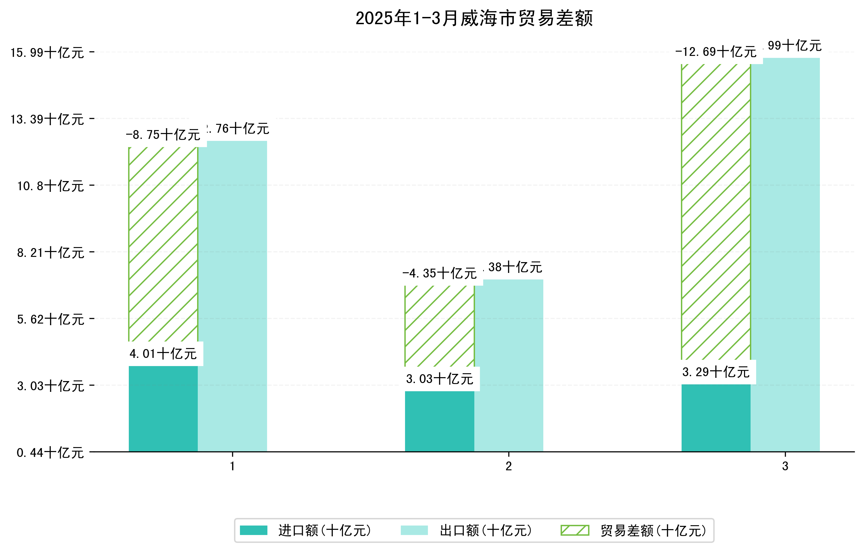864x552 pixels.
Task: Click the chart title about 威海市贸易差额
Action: [474, 18]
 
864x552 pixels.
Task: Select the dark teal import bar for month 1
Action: [163, 409]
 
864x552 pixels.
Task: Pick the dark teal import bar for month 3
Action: [716, 418]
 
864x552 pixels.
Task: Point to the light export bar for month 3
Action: [786, 255]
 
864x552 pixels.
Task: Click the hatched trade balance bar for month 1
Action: [163, 244]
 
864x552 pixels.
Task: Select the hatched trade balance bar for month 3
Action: [716, 212]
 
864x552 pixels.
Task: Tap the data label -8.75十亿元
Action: [163, 135]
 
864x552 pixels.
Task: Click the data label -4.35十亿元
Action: [440, 273]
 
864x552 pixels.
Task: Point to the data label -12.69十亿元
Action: [716, 52]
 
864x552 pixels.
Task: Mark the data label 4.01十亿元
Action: [163, 354]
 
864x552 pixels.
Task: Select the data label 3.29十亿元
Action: [716, 372]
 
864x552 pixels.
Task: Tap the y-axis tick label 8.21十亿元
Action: [51, 253]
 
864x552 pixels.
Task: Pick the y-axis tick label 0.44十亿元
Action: [51, 453]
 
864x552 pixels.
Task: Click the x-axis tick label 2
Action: [509, 466]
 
